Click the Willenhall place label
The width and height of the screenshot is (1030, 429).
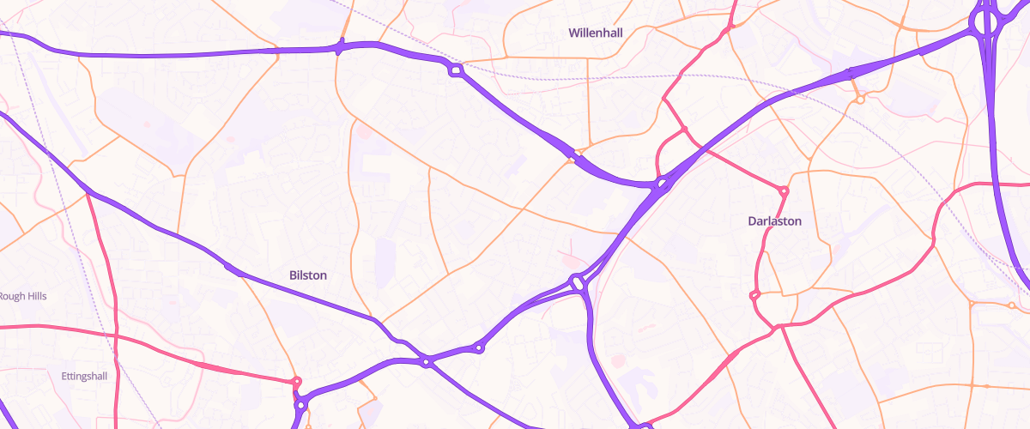pos(595,33)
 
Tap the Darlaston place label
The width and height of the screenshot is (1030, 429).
pos(774,221)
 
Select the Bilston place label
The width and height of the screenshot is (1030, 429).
pos(307,275)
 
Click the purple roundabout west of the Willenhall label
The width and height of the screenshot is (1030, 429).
pos(455,70)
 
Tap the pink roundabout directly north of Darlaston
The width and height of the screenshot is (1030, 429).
pos(783,190)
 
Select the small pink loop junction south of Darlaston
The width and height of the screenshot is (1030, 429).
pos(755,297)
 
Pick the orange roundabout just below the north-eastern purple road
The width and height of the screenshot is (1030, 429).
pos(860,100)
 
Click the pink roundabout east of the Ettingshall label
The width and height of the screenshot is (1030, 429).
pos(297,382)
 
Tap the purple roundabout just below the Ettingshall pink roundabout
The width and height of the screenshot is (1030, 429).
pos(301,405)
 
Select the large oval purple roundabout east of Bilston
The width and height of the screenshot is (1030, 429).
pos(579,282)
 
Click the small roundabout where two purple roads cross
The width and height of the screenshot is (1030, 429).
pos(427,363)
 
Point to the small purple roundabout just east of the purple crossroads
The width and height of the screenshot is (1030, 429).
pos(479,347)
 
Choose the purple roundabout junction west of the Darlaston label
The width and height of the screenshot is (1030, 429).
pos(662,184)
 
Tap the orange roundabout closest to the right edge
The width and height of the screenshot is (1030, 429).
pos(1013,305)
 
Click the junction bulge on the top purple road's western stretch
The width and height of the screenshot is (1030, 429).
pos(340,48)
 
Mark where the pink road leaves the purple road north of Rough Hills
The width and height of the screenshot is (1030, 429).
pos(88,194)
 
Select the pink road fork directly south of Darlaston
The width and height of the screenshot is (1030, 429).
pos(779,326)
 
